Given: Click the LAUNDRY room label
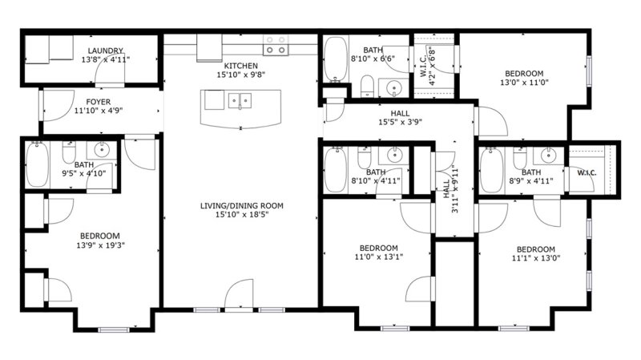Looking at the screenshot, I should pos(106,51).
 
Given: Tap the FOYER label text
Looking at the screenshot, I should pos(103,102).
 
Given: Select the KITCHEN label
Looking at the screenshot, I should pos(240,66).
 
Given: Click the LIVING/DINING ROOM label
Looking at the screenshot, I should pos(241,206).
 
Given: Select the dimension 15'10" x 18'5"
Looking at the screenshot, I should pos(241,215).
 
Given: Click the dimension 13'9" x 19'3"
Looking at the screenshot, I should pos(101,245).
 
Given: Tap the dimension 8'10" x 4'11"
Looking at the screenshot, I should pos(376,180).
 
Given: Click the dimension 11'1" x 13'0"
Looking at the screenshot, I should pos(535,258).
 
